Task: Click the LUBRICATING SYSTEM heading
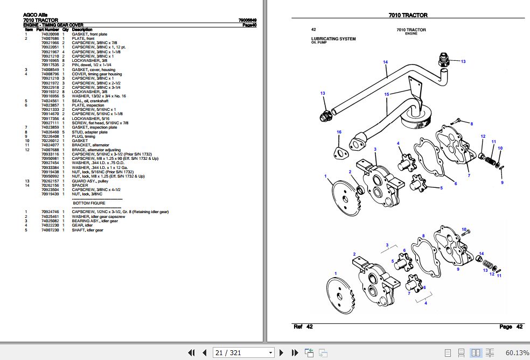pos(333,39)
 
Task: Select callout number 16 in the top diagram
pos(339,132)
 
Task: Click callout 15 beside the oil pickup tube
pos(386,95)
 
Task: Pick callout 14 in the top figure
pos(385,62)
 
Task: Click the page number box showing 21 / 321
pos(243,352)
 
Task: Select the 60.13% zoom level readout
pos(517,352)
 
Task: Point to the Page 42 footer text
pos(511,327)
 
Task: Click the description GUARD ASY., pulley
pos(90,181)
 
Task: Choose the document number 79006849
pos(247,20)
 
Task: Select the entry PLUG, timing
pos(85,136)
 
